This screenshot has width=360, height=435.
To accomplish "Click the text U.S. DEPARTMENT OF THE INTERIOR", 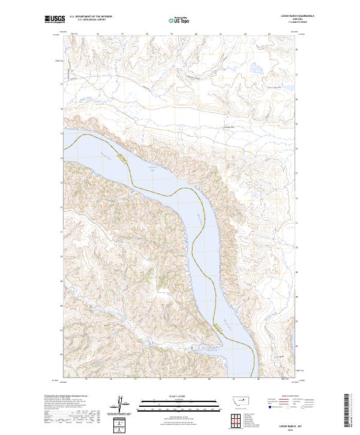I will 91,17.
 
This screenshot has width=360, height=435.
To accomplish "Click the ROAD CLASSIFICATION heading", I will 290,396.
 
